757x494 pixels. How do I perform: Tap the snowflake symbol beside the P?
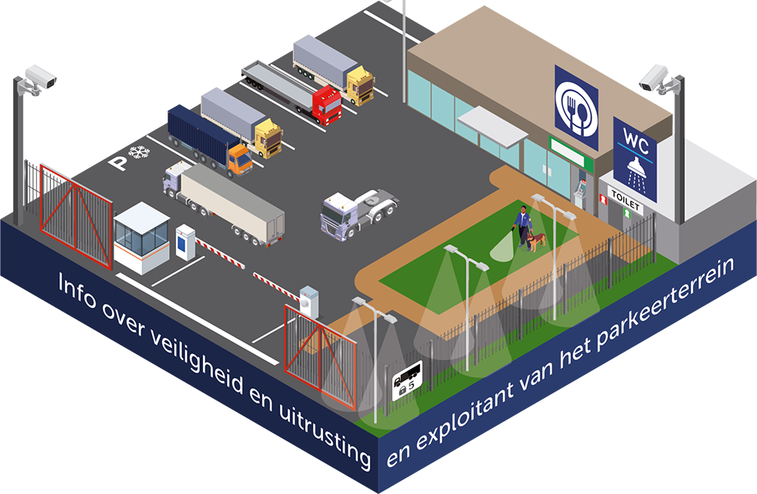pyautogui.click(x=139, y=153)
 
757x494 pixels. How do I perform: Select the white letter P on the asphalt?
pyautogui.click(x=118, y=162)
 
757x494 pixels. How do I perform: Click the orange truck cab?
pyautogui.click(x=239, y=160)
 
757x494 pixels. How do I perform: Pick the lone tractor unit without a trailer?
pyautogui.click(x=358, y=210)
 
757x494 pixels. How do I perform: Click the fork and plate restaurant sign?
pyautogui.click(x=576, y=107)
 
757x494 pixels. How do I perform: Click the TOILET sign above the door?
pyautogui.click(x=626, y=196)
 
